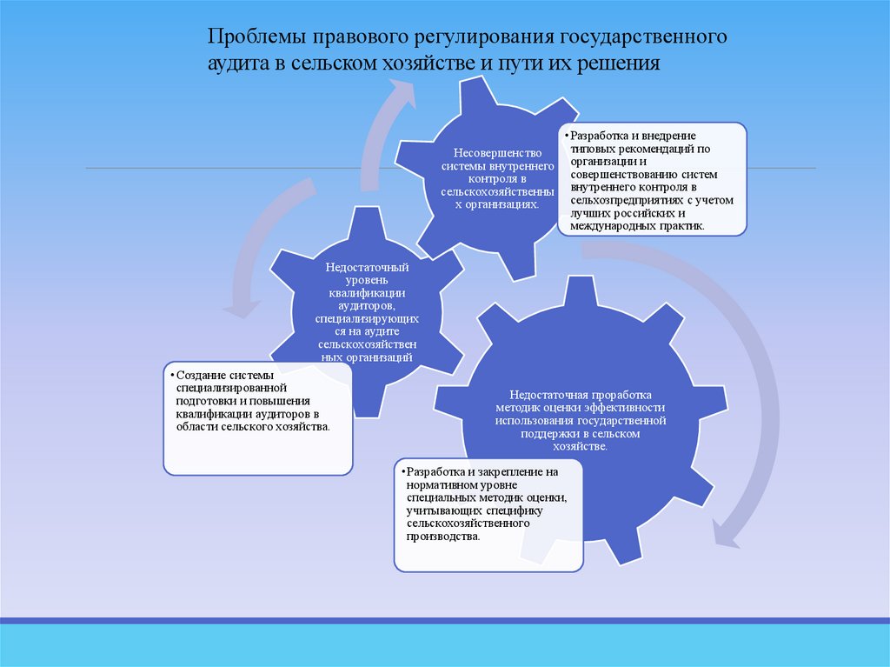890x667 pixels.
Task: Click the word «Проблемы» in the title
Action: [246, 39]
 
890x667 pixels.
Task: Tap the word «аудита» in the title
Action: [234, 64]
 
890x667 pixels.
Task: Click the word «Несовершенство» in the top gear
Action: [492, 152]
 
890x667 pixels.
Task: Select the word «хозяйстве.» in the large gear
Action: [581, 445]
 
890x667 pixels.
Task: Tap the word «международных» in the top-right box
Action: [610, 226]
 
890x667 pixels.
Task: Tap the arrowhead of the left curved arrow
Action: [239, 306]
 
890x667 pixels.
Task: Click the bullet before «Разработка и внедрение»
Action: [567, 137]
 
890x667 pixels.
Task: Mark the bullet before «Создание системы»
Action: [171, 374]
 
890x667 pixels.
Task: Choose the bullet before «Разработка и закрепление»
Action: [402, 471]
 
